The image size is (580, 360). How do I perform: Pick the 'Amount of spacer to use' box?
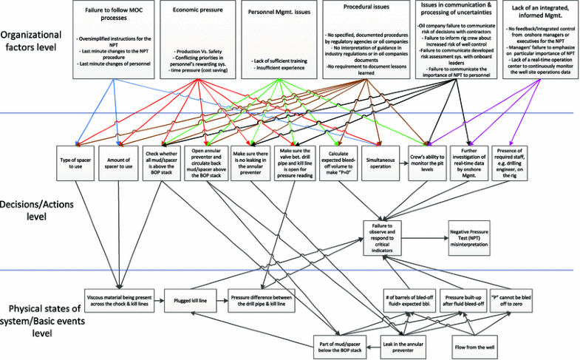pos(118,163)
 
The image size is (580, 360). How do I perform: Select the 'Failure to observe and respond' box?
pos(386,237)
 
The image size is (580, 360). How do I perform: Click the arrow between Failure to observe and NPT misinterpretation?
pos(426,237)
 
